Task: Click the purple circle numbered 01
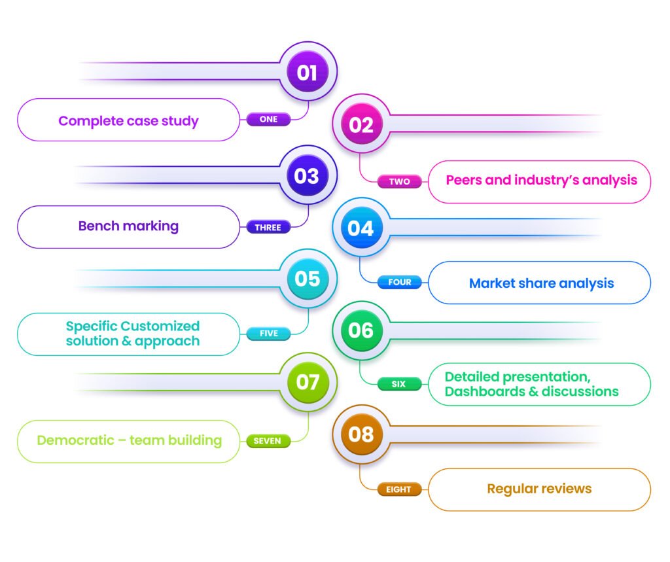click(x=307, y=72)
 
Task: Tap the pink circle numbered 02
click(x=361, y=124)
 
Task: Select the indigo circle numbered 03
click(x=307, y=175)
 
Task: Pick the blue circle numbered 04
click(x=361, y=228)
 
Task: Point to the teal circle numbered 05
click(x=307, y=279)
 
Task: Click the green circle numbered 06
click(x=361, y=330)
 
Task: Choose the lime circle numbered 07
click(x=307, y=381)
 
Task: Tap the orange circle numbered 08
click(x=361, y=434)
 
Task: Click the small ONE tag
click(x=268, y=119)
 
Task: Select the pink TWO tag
click(x=399, y=181)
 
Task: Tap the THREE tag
click(x=268, y=228)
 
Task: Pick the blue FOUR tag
click(x=399, y=283)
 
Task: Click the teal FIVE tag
click(x=268, y=334)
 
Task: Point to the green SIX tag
click(x=398, y=384)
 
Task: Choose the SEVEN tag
click(x=268, y=441)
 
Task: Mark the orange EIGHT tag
click(x=398, y=489)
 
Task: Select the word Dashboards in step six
click(x=482, y=391)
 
